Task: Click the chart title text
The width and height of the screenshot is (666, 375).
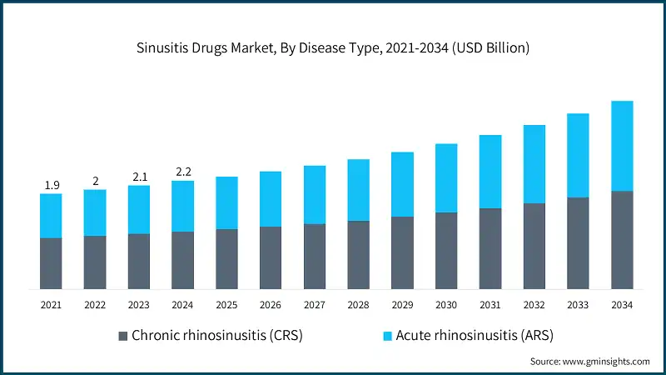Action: click(x=333, y=48)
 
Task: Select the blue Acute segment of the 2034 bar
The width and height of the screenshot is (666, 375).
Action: click(x=622, y=146)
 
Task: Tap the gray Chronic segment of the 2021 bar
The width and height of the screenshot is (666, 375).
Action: click(x=51, y=263)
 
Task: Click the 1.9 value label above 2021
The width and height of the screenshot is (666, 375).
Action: click(x=51, y=185)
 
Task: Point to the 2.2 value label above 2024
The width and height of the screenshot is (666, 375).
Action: click(x=182, y=172)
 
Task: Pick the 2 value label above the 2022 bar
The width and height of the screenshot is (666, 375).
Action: click(x=95, y=181)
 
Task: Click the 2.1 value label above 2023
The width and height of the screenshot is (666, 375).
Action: click(x=138, y=177)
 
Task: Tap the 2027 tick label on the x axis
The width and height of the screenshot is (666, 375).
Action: click(x=314, y=306)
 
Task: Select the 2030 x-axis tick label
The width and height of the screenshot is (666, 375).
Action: click(x=446, y=306)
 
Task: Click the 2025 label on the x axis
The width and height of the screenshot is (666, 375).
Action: click(x=226, y=306)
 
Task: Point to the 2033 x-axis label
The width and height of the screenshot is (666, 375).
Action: click(x=578, y=306)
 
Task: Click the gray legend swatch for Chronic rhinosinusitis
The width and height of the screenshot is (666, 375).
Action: click(x=124, y=336)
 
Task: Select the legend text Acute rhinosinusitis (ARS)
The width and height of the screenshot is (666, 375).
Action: click(x=475, y=336)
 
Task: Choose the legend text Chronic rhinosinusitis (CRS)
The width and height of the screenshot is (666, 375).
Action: click(x=217, y=336)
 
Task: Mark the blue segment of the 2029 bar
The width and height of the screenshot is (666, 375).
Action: click(x=402, y=184)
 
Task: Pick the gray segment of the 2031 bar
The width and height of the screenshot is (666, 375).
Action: click(x=490, y=248)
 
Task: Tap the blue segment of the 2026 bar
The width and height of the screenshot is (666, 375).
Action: click(x=271, y=199)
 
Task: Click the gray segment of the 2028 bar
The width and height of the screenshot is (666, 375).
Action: click(x=358, y=255)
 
